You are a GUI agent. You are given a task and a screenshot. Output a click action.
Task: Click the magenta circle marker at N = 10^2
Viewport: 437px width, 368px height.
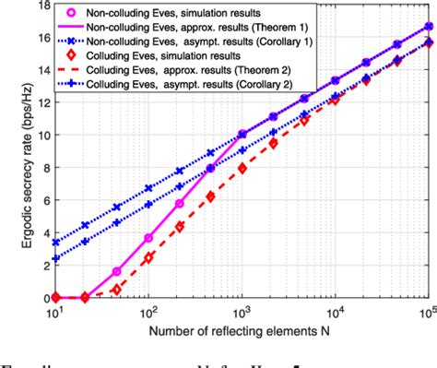point(148,238)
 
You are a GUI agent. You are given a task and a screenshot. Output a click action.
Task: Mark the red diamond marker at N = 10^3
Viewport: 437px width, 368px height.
point(242,168)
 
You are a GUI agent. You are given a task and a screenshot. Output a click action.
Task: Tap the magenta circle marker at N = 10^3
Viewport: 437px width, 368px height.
point(242,135)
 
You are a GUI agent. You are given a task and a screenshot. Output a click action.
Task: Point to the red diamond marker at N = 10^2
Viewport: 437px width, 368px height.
point(148,258)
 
